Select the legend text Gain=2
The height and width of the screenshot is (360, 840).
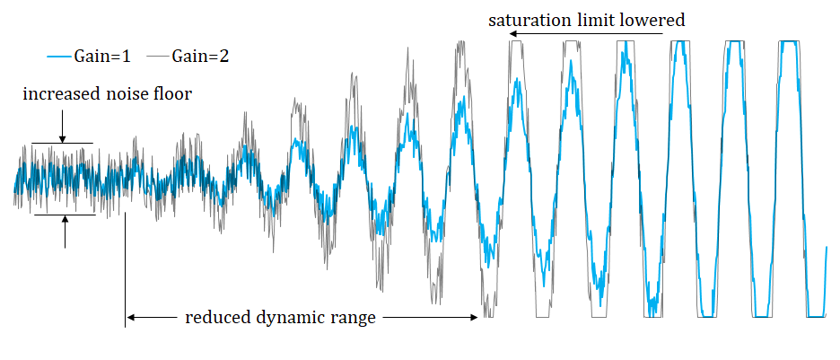(x=204, y=57)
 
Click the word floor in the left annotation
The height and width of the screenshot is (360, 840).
(x=174, y=93)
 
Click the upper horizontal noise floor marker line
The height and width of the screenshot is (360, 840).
(x=63, y=144)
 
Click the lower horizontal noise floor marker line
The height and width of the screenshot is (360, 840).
(x=63, y=215)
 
